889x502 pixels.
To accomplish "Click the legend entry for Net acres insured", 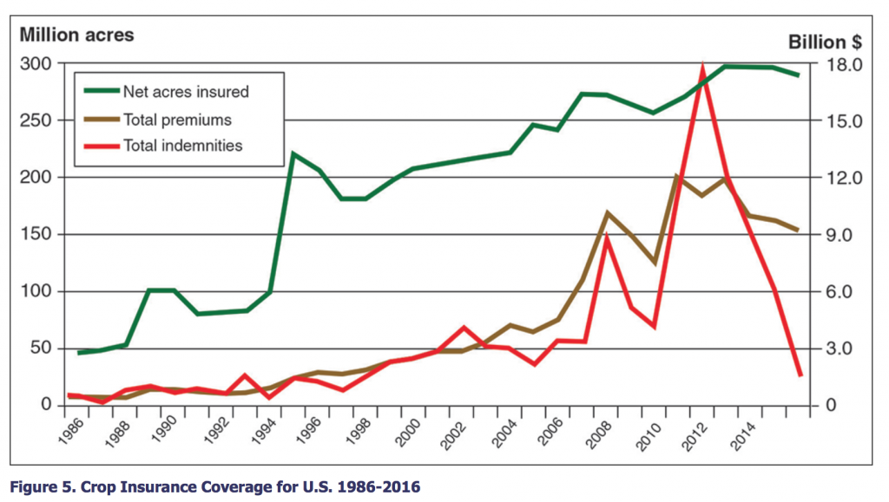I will coord(185,91).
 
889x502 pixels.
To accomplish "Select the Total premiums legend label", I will coord(177,119).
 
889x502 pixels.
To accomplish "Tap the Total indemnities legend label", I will coord(182,146).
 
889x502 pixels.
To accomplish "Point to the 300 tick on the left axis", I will coord(37,64).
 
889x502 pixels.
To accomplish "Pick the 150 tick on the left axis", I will coord(37,235).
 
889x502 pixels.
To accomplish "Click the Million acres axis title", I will coord(76,36).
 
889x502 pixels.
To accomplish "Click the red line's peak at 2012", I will coord(702,65).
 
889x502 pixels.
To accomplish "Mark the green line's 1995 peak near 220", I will coord(293,154).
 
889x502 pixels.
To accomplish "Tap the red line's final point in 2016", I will coord(799,375).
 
